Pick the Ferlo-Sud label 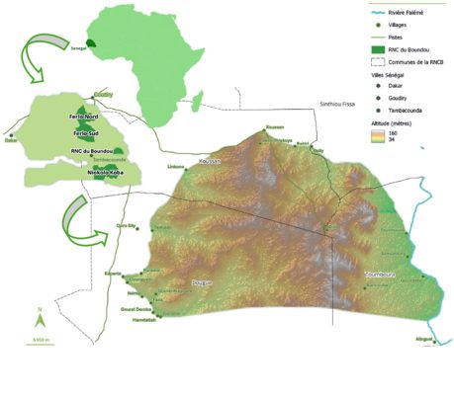83,130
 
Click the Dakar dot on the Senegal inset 11,134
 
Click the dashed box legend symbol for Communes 368,61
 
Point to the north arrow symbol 39,321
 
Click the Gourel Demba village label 136,308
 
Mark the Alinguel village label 424,340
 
